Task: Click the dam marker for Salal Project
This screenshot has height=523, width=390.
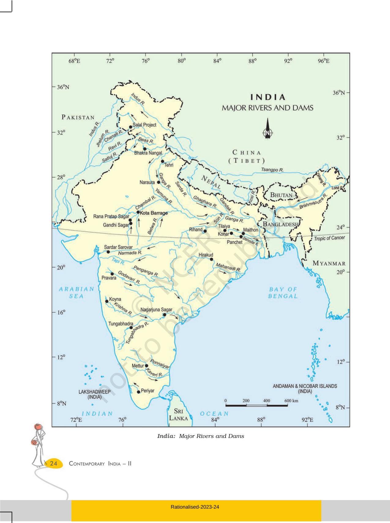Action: tap(131, 127)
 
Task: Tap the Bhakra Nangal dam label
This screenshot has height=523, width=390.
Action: tap(148, 153)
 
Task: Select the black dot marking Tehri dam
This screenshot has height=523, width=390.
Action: tap(162, 161)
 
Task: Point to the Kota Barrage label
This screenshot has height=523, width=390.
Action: tap(154, 213)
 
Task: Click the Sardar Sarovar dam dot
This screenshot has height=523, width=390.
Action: tap(108, 252)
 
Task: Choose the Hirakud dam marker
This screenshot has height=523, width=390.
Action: tap(211, 259)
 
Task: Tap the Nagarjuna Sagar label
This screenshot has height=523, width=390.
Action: tap(156, 310)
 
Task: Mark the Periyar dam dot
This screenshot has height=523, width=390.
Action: tap(138, 392)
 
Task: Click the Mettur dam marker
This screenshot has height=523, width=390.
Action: tap(147, 366)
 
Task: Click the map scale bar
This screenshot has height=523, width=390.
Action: tap(256, 405)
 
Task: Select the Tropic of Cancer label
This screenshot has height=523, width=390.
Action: tap(329, 238)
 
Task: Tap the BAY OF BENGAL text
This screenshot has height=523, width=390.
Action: tap(283, 293)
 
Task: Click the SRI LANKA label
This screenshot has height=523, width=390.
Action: tap(178, 415)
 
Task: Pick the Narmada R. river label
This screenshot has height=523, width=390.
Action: tap(130, 253)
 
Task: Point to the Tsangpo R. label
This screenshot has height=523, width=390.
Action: tap(272, 170)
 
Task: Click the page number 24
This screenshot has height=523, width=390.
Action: tap(54, 463)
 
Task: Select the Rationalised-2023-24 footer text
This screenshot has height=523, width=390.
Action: tap(195, 507)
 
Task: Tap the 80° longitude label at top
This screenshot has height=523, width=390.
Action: tap(182, 61)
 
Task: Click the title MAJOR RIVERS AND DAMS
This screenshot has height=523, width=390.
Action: tap(267, 108)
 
